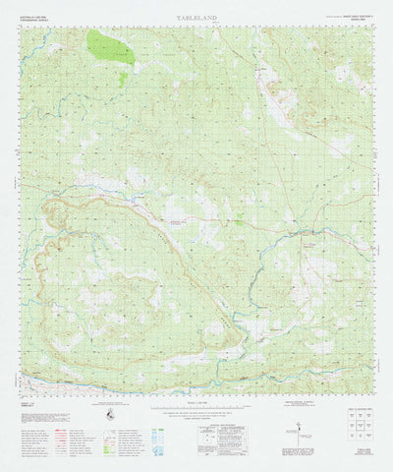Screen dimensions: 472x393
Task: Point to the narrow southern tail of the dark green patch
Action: click(x=122, y=79)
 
